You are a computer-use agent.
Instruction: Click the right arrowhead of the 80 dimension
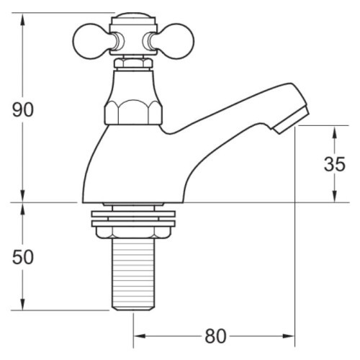(x=291, y=336)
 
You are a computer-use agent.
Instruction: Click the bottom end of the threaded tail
(x=133, y=308)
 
